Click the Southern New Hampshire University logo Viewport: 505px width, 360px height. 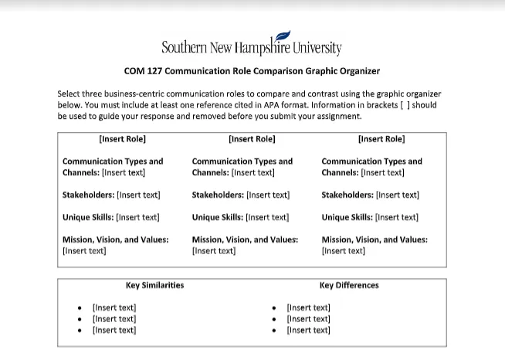click(x=252, y=46)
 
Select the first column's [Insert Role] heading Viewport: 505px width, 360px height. click(x=122, y=139)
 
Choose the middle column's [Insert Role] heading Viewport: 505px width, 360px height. click(x=252, y=139)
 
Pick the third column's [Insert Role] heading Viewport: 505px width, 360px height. click(x=381, y=139)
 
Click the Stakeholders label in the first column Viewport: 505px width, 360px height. click(x=87, y=195)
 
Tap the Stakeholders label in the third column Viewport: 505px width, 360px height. click(x=347, y=195)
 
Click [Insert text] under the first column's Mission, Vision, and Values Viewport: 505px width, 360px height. click(x=84, y=250)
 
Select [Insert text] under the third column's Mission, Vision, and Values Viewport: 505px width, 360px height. click(x=344, y=250)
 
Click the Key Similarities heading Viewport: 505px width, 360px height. click(x=154, y=285)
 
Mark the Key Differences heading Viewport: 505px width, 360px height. click(x=349, y=285)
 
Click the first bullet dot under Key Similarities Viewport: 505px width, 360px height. click(x=80, y=307)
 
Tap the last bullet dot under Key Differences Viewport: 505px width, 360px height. click(x=274, y=331)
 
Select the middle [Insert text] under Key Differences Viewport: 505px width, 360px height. click(x=308, y=319)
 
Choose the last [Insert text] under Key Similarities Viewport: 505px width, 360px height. click(x=114, y=331)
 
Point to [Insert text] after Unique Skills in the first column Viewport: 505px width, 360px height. click(x=137, y=218)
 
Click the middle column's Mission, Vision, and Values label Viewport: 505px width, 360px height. click(x=245, y=239)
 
